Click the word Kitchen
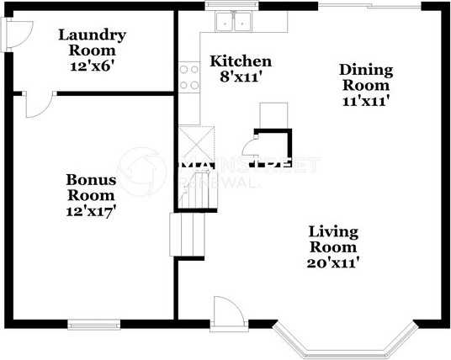[241, 61]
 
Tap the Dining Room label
[364, 77]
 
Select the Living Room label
[333, 239]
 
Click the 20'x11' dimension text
[333, 262]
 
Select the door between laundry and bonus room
[35, 104]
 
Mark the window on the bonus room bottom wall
[92, 323]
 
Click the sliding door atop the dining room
[369, 7]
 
